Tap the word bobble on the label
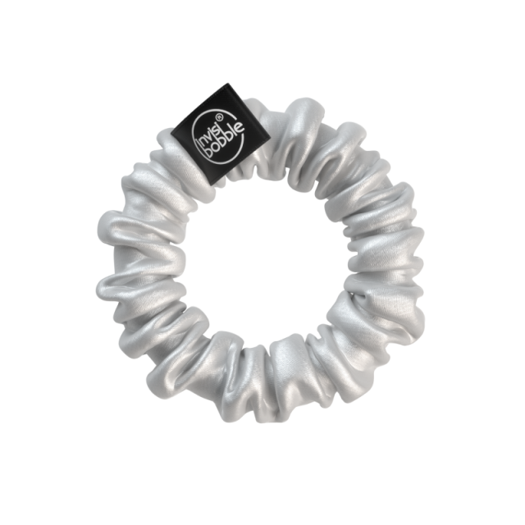pyautogui.click(x=224, y=140)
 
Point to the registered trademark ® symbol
pyautogui.click(x=218, y=117)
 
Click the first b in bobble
pyautogui.click(x=208, y=152)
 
